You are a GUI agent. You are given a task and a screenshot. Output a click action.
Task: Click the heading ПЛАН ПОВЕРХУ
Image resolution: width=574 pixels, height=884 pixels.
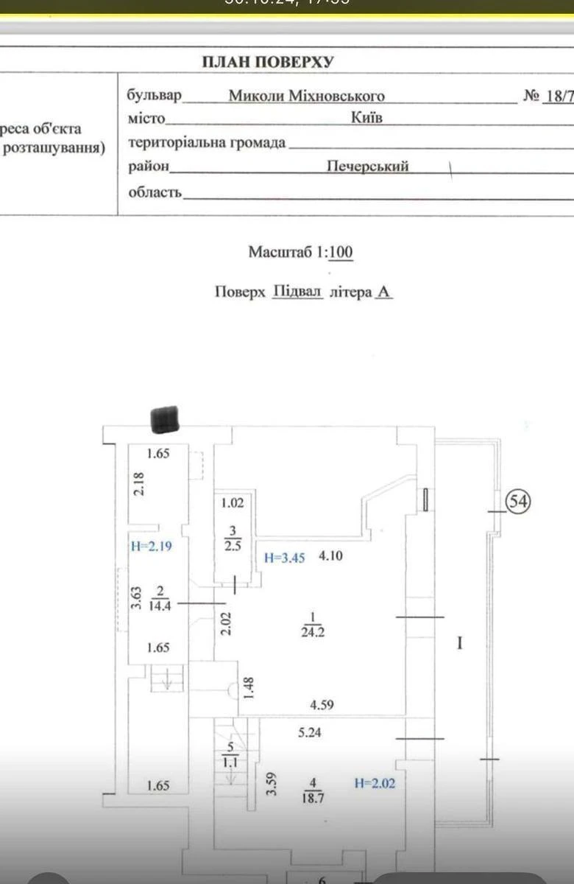[x=268, y=62]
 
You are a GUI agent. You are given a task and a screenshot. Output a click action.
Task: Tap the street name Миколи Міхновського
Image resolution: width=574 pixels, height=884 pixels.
[x=306, y=96]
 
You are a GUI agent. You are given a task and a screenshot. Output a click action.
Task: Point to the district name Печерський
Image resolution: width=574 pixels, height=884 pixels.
[x=367, y=166]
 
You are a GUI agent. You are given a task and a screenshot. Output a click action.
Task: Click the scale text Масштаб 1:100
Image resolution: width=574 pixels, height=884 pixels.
[x=300, y=253]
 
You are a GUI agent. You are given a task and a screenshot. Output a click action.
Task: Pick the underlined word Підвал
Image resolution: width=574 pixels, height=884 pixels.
[x=298, y=291]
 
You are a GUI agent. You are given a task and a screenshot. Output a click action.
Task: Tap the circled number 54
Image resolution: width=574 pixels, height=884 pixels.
[x=518, y=502]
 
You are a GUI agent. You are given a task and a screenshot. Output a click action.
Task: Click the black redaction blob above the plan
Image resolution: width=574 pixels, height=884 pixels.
[x=165, y=419]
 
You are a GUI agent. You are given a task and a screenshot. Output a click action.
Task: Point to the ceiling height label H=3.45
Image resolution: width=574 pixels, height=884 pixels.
[x=284, y=558]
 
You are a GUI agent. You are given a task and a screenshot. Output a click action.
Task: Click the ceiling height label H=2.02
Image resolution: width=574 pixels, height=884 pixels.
[x=375, y=783]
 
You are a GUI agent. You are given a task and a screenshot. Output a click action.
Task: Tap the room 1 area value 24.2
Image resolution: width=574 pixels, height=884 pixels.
[x=313, y=631]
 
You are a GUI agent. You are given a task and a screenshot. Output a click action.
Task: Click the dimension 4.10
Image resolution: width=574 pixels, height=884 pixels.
[x=330, y=556]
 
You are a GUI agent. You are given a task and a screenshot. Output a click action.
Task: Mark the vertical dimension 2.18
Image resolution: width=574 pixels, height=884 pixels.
[x=139, y=484]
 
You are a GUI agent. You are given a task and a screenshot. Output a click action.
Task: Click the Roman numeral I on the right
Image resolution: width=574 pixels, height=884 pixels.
[x=460, y=644]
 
